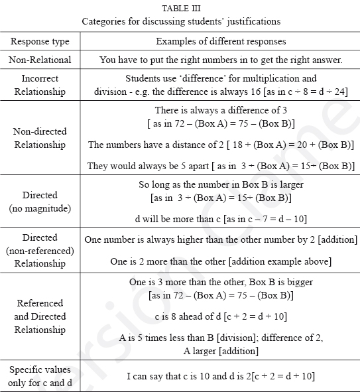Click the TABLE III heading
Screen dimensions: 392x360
coord(181,9)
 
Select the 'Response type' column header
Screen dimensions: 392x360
coord(40,41)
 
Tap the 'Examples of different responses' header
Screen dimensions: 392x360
coord(221,41)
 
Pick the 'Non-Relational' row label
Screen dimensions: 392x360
coord(40,60)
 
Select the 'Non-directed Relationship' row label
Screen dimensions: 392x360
coord(40,138)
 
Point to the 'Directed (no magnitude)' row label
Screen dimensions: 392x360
coord(40,202)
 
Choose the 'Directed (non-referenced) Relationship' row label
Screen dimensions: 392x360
coord(40,249)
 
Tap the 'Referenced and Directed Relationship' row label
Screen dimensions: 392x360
coord(40,316)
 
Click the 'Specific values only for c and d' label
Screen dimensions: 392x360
coord(40,376)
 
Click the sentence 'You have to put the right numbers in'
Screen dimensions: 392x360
coord(221,60)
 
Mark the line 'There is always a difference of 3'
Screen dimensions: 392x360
coord(221,110)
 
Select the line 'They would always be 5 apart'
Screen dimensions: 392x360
coord(221,166)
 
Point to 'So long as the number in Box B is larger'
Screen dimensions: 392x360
coord(221,186)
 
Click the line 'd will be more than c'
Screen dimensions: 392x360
coord(221,218)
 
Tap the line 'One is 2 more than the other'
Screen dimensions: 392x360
coord(221,261)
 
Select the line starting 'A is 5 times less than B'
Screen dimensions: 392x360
coord(221,338)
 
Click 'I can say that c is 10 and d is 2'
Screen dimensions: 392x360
coord(221,376)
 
